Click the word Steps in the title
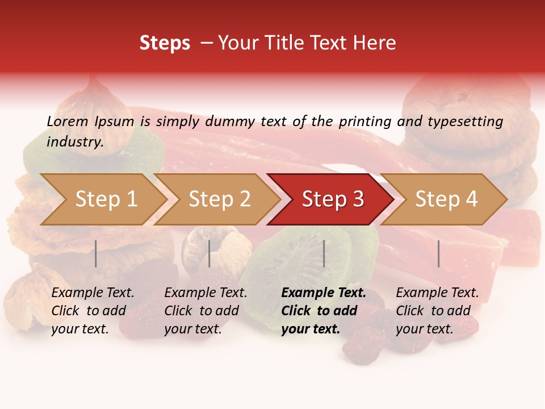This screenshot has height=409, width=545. [x=165, y=44]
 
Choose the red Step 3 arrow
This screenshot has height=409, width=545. [x=333, y=199]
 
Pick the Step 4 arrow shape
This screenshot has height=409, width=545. [x=446, y=199]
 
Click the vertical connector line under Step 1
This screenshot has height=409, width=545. [x=96, y=253]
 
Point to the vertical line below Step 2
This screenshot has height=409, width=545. [x=209, y=253]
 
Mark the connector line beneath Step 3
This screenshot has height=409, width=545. [x=324, y=253]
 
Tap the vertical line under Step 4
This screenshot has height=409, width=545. [x=438, y=253]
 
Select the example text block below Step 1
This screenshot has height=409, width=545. [x=93, y=311]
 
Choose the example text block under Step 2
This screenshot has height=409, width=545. [x=206, y=311]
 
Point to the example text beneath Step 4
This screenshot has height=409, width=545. [x=437, y=311]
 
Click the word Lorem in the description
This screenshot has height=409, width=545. [x=67, y=121]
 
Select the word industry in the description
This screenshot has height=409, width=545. [x=74, y=142]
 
